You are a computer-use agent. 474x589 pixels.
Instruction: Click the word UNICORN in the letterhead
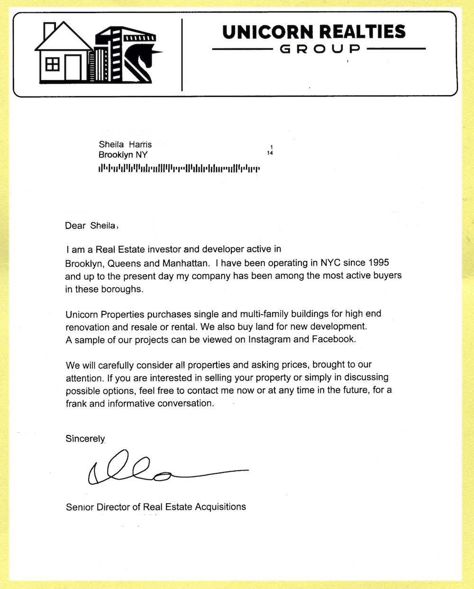pos(267,32)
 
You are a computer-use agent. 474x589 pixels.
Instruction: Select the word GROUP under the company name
pos(319,49)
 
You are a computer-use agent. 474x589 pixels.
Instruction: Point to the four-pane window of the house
pos(52,63)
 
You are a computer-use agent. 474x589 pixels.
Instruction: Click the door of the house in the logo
pos(73,68)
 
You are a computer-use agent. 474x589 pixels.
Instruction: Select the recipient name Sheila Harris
pos(125,145)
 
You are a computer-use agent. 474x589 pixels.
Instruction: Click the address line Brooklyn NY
pos(123,155)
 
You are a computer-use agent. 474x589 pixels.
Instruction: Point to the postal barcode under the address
pos(179,168)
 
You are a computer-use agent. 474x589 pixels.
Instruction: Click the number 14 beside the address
pos(270,153)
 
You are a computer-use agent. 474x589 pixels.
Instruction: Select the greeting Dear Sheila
pos(91,226)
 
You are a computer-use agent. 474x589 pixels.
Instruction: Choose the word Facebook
pos(333,339)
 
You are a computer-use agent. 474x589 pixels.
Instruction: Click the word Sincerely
pos(85,439)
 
